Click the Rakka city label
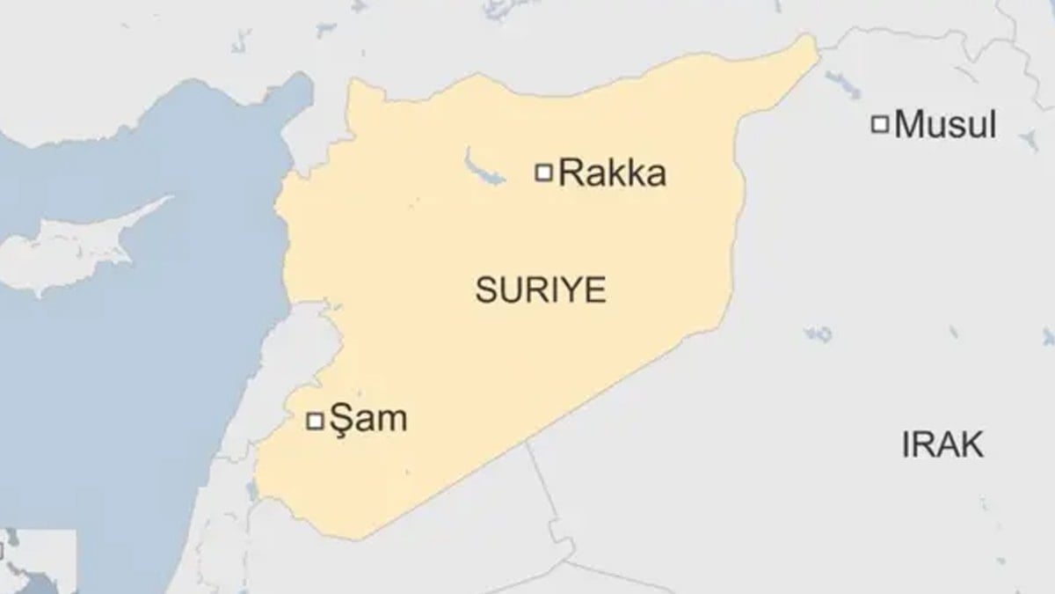point(612,173)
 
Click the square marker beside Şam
point(314,422)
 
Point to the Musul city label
point(945,125)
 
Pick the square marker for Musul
point(879,125)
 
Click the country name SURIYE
point(540,290)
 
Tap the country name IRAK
point(942,445)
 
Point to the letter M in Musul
point(909,125)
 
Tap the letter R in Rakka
point(570,173)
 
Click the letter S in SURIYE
point(484,290)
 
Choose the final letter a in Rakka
point(656,176)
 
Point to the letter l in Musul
point(992,125)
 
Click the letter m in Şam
point(391,422)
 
